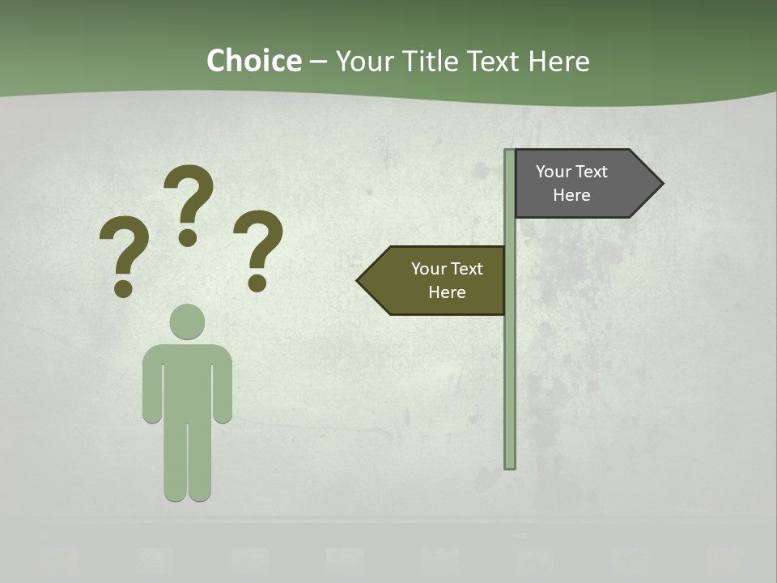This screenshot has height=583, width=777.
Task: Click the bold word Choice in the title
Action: (x=253, y=62)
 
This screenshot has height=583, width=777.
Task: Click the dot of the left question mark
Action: (x=123, y=288)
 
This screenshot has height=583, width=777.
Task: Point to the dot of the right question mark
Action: (x=257, y=283)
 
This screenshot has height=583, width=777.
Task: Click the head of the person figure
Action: (x=187, y=321)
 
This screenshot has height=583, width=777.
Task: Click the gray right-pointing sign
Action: (x=583, y=184)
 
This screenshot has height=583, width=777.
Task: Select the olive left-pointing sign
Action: (x=437, y=280)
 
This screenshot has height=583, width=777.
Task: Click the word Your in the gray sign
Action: (x=554, y=172)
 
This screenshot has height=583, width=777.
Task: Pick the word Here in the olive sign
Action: (x=447, y=292)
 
